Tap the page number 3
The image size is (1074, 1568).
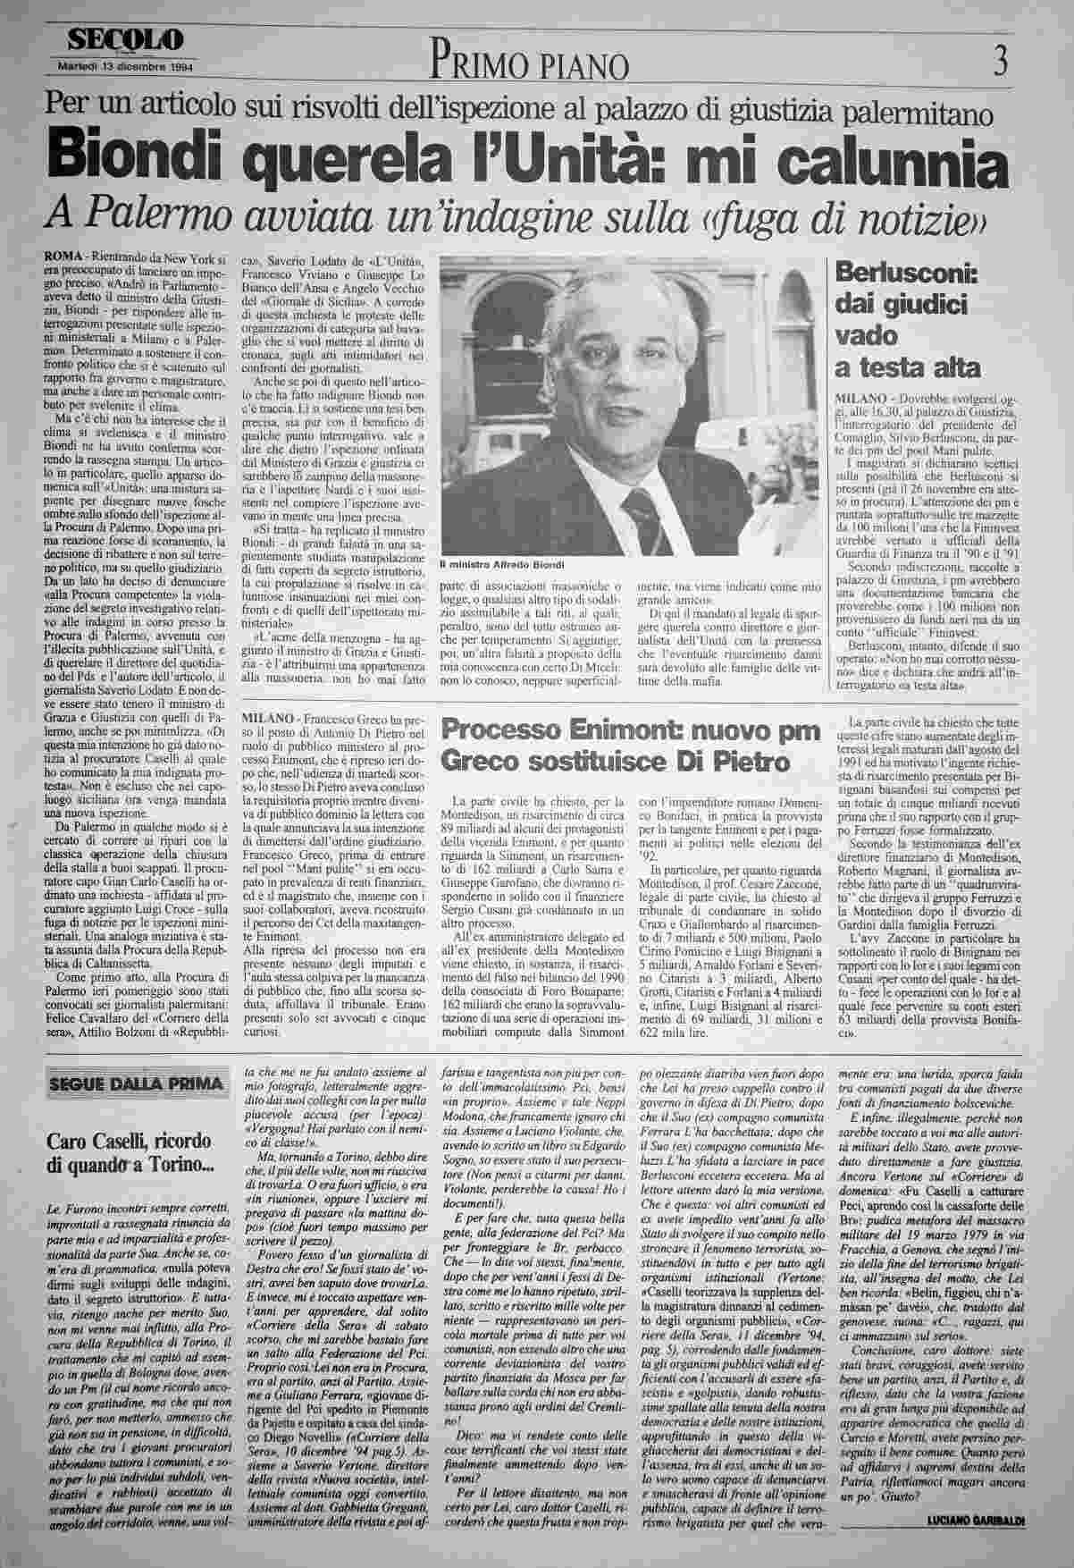click(1000, 62)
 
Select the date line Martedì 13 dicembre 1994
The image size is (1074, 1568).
click(126, 66)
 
